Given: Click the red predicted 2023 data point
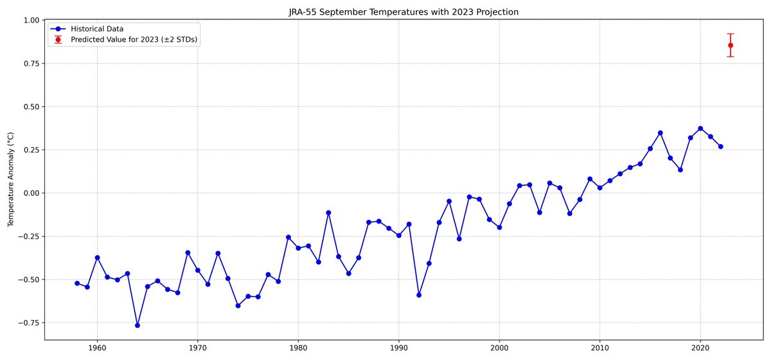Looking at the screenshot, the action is (x=731, y=45).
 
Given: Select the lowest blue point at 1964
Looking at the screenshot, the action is (x=137, y=325).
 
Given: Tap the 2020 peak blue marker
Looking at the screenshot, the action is (x=700, y=129).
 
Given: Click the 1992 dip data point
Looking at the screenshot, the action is (x=419, y=295).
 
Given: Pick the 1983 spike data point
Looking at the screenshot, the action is (x=328, y=213).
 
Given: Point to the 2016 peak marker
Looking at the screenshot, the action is (x=660, y=133).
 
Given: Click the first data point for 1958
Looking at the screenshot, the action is (x=77, y=283).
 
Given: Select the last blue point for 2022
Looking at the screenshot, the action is (x=720, y=147).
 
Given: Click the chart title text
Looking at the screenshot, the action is (x=403, y=12).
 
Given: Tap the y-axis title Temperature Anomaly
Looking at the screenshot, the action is (x=11, y=179).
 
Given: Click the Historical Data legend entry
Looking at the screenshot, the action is (x=87, y=29).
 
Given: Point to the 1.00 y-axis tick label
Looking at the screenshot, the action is (x=31, y=21).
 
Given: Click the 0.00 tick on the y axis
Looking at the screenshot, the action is (x=31, y=194).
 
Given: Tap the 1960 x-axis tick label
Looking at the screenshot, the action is (x=97, y=348).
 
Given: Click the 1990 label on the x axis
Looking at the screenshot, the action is (x=399, y=348).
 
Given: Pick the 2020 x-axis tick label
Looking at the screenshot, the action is (x=700, y=348).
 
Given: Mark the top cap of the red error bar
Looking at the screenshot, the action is (x=731, y=34).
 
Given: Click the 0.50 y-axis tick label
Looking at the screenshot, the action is (x=31, y=107).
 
